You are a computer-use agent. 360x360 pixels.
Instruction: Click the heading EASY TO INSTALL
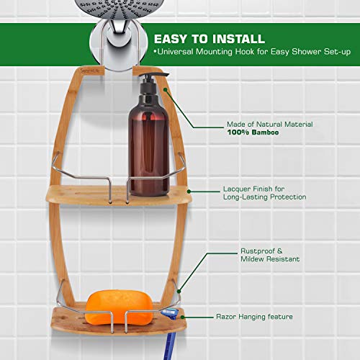[x=208, y=38]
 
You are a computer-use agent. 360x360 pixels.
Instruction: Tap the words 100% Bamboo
[x=253, y=133]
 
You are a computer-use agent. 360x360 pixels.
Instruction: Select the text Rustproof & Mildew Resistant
[x=270, y=254]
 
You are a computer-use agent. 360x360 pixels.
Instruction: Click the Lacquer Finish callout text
[x=264, y=192]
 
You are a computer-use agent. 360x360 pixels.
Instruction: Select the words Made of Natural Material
[x=269, y=125]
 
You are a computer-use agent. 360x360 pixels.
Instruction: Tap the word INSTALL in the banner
[x=237, y=38]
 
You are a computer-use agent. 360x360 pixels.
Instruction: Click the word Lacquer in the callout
[x=237, y=188]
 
